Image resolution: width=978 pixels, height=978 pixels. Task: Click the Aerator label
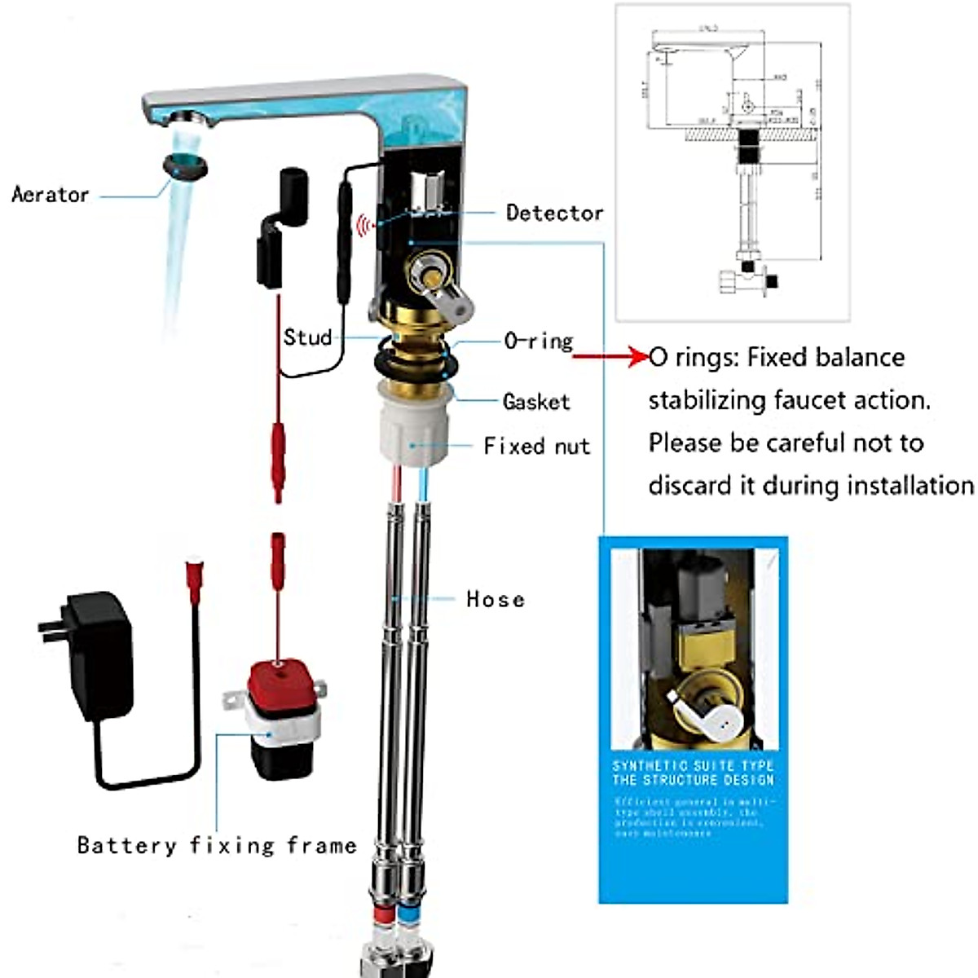coord(50,195)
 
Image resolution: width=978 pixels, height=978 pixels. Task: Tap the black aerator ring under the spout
coord(186,165)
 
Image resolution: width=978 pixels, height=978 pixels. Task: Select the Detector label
coord(554,213)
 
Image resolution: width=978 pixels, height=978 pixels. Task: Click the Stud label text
coord(307,337)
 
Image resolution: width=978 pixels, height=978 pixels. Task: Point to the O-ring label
coord(538,341)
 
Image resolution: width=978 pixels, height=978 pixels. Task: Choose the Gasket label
coord(536,402)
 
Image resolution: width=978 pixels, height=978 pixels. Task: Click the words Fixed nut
coord(536,447)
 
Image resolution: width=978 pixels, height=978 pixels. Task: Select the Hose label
coord(495,600)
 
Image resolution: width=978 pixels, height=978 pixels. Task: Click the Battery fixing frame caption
coord(217,845)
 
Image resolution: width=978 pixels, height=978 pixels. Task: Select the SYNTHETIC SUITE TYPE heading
coord(693,766)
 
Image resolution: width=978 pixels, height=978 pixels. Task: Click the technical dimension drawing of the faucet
coord(732,163)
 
